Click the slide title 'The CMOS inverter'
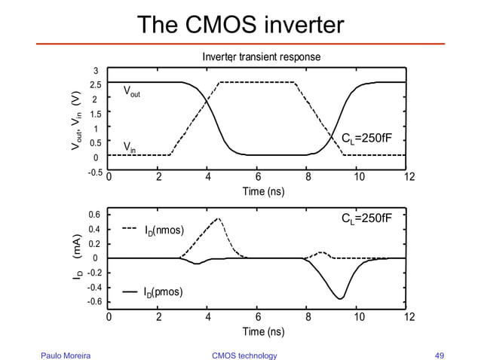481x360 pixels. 240,25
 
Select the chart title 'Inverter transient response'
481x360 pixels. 260,57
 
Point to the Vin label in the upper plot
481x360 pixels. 131,145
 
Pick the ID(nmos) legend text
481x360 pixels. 164,230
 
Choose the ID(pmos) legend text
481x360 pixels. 164,291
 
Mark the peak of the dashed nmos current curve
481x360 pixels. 218,218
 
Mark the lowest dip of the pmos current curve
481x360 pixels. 341,299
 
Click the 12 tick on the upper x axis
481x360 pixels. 409,178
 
